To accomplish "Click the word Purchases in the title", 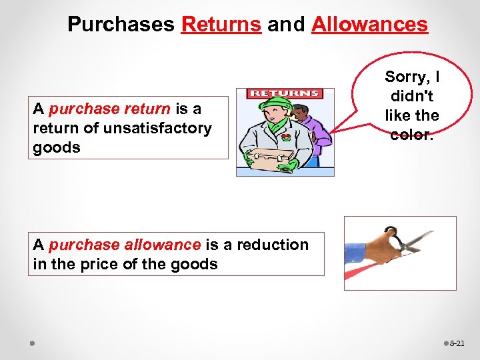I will click(121, 25).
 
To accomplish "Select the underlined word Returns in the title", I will click(221, 25).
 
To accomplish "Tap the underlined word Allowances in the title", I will click(369, 25).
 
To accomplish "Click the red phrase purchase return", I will click(110, 108).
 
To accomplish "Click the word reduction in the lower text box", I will click(271, 245).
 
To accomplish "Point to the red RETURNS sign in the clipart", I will click(285, 94).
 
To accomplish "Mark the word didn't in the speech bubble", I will click(411, 97).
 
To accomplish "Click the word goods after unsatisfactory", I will click(57, 147).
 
